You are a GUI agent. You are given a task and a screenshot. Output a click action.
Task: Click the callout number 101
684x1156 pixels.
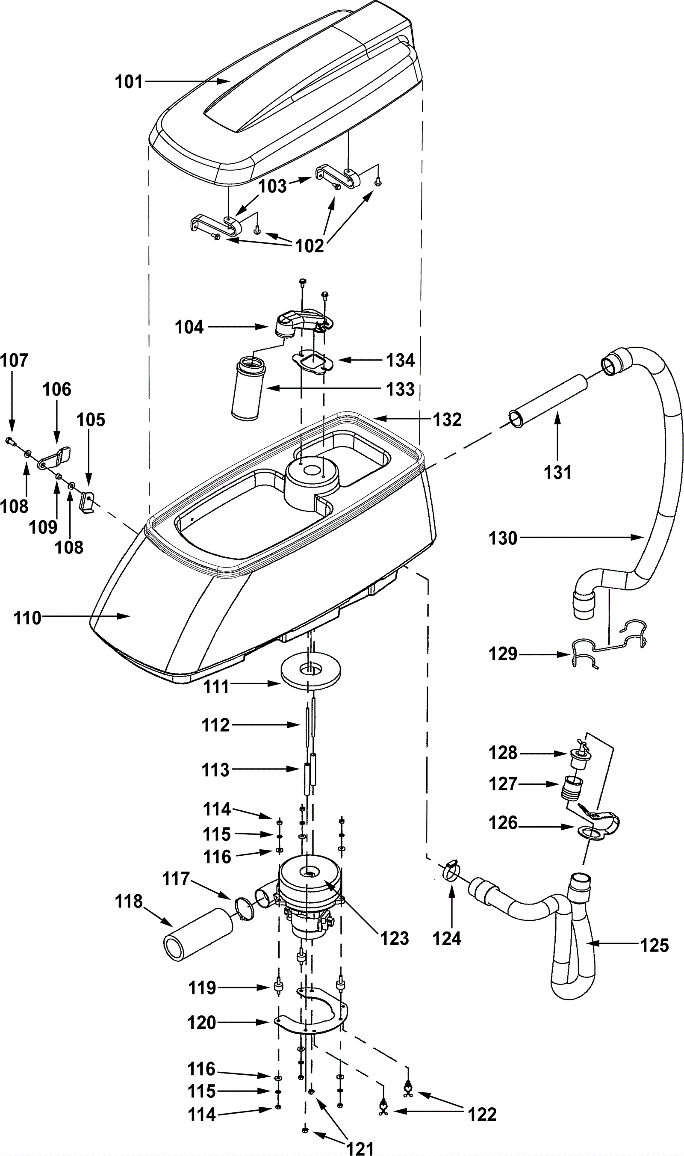click(129, 82)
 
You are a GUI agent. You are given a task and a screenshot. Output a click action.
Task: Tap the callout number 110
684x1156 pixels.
click(28, 618)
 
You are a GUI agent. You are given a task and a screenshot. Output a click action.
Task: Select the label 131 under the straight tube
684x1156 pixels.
click(558, 473)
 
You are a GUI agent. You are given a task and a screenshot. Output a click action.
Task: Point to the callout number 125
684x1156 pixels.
click(655, 945)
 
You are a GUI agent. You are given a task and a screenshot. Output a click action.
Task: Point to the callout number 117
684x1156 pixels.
click(176, 879)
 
